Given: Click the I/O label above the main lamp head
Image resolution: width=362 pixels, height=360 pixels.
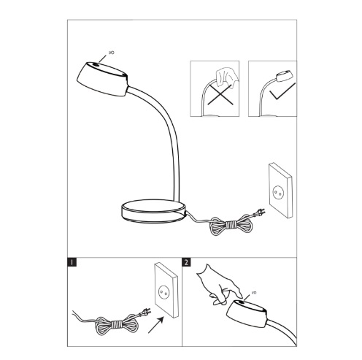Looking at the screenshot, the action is pos(111,53).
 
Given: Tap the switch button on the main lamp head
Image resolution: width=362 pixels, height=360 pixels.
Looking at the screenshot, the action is pos(96,65).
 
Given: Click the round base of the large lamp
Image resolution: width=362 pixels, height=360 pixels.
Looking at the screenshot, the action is pos(153,210).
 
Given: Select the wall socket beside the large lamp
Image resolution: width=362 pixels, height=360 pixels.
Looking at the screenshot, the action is pos(280,191).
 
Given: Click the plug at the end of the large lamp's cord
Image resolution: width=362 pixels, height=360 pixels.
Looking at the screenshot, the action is pos(259,212).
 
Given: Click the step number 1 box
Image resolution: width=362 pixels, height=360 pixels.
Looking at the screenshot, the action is pos(72,262).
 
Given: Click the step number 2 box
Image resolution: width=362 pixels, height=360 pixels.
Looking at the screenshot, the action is pos(186,262).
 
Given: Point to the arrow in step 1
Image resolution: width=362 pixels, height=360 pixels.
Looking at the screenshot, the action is pos(156,325).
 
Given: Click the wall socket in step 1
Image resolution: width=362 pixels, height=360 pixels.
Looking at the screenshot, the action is pos(166,290).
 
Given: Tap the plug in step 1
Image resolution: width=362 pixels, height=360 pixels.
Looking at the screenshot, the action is pos(145,313).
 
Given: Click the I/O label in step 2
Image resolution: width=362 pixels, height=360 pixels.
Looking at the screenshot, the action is pos(254,293).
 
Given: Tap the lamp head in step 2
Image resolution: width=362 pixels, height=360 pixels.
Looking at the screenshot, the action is pos(247,314).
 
